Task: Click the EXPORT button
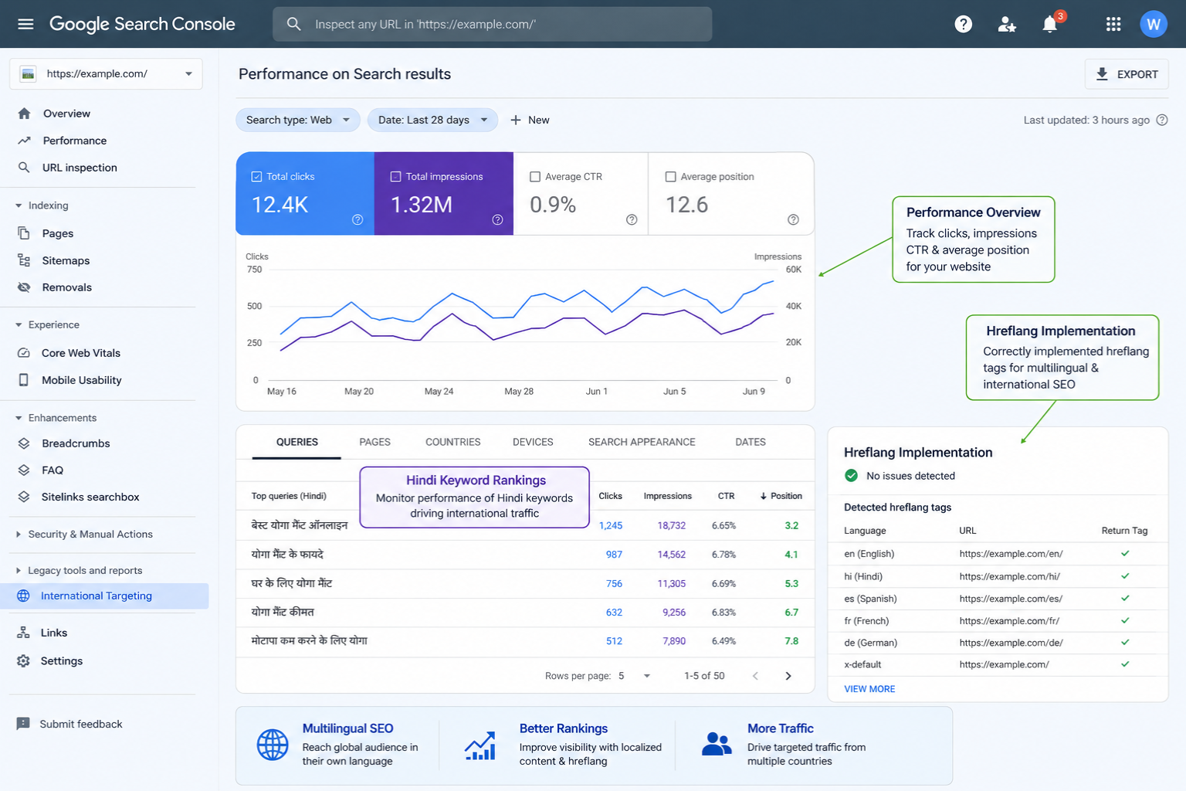point(1127,74)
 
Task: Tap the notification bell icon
point(1049,25)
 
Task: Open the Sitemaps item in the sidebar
point(66,260)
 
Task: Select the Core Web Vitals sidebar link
point(80,353)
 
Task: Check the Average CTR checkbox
point(535,176)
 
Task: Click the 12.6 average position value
point(686,205)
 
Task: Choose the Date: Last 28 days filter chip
point(432,121)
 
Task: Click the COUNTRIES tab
point(452,442)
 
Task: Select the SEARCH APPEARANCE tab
point(642,442)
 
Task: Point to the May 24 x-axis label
point(439,392)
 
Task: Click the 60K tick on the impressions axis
point(794,270)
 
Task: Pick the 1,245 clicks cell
point(611,525)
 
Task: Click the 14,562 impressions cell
point(671,555)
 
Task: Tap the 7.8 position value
point(791,641)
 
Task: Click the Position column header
point(781,496)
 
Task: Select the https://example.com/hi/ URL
point(1009,576)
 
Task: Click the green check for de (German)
point(1125,642)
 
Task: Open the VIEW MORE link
point(869,689)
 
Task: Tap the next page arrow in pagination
point(788,676)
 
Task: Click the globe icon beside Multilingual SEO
point(272,745)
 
